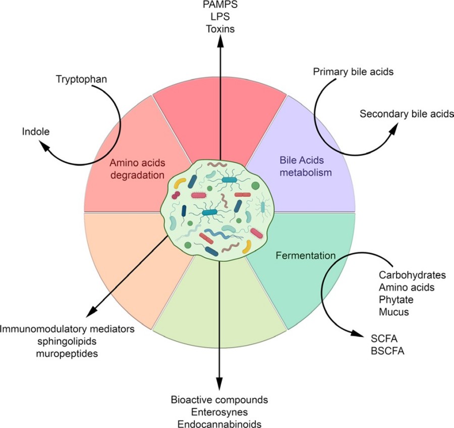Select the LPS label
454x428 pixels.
tap(219, 17)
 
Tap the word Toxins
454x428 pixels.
tap(220, 29)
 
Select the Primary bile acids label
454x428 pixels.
tap(353, 71)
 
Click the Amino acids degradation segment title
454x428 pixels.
tap(138, 169)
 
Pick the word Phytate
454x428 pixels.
tap(393, 300)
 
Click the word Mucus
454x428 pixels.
tap(393, 312)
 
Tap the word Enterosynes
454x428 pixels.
tap(219, 412)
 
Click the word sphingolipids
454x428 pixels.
tap(67, 341)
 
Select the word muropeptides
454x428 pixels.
tap(67, 353)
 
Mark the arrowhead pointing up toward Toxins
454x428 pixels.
tap(220, 42)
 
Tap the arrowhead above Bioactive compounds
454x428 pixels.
tap(219, 385)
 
